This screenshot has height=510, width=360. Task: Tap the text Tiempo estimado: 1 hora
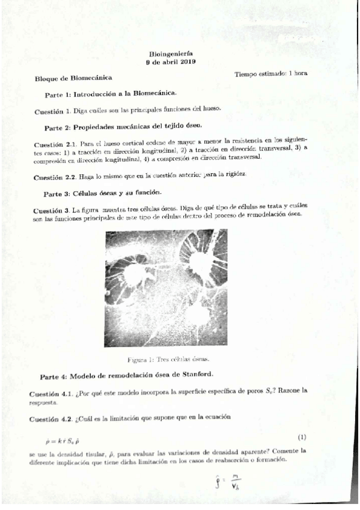point(272,74)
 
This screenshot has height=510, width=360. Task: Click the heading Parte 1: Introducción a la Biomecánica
point(111,94)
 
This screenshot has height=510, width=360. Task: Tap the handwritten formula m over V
point(224,482)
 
